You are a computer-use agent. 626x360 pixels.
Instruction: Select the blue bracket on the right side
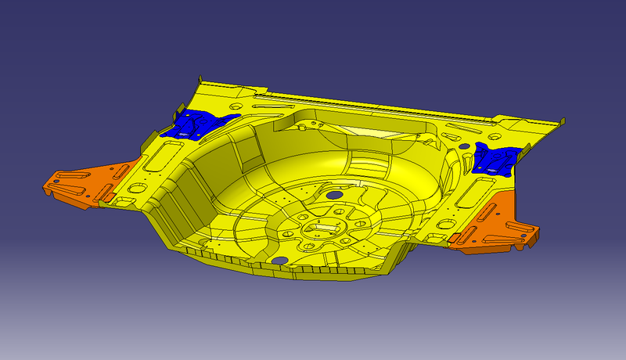point(495,159)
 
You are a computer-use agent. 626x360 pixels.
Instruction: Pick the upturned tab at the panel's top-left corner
point(202,81)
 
